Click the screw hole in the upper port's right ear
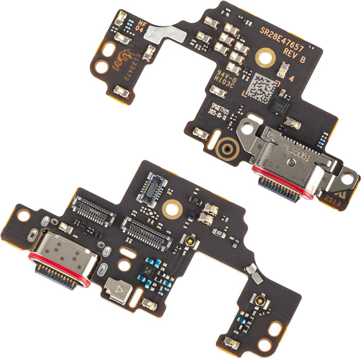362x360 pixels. (348, 178)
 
